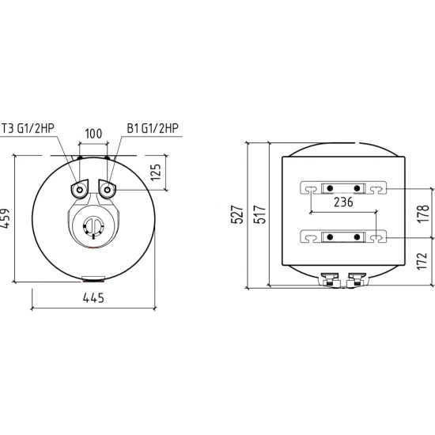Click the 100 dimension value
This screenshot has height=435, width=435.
click(x=93, y=134)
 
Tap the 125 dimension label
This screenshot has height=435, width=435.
click(x=156, y=172)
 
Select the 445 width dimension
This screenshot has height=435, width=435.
click(x=93, y=298)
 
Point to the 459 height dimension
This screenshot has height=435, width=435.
click(x=5, y=218)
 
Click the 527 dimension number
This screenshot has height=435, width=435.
click(x=237, y=214)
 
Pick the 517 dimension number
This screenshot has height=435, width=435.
click(x=260, y=214)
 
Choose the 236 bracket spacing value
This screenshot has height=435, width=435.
click(x=343, y=202)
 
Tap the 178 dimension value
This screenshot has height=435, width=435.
click(x=424, y=214)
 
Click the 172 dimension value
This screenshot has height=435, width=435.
click(x=422, y=260)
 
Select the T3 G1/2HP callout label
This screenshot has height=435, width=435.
click(x=28, y=128)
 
